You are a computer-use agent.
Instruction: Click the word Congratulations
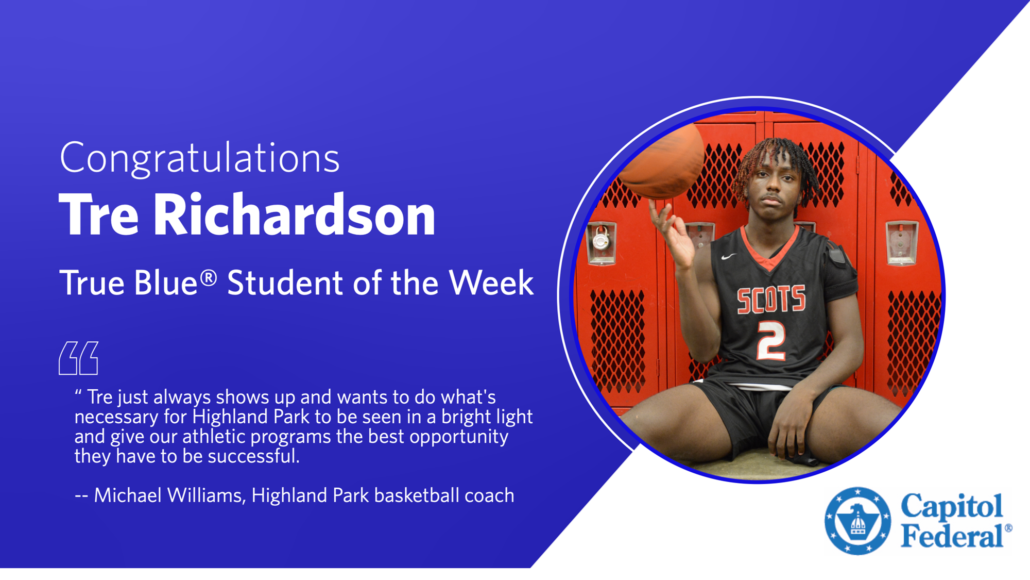(199, 158)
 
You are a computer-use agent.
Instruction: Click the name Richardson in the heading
(294, 215)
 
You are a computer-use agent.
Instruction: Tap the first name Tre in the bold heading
(99, 215)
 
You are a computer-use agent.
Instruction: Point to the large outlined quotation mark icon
(78, 358)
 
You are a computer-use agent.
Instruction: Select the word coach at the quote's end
(489, 495)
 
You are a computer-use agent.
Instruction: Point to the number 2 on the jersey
(771, 341)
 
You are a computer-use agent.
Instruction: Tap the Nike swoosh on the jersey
(728, 256)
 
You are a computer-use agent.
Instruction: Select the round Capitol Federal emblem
(857, 521)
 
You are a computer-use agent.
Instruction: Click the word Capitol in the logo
(952, 506)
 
